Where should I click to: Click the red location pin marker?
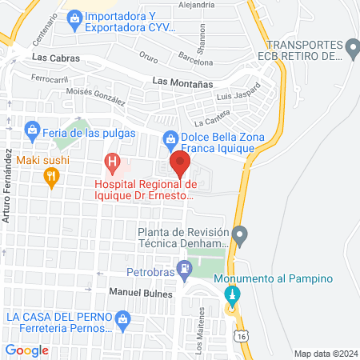[181, 166]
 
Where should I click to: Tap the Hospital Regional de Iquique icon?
[113, 165]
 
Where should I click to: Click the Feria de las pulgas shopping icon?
[32, 128]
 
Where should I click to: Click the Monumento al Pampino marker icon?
[234, 295]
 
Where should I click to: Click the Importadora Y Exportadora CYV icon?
[74, 16]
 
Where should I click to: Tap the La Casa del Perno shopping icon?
[122, 322]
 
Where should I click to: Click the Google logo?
[27, 350]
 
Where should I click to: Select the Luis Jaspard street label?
[238, 93]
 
